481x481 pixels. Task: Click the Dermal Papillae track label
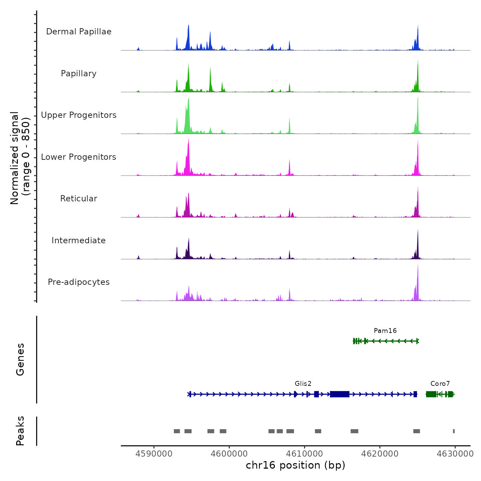[x=79, y=32]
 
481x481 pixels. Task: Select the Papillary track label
[x=79, y=74]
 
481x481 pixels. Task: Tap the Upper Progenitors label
[x=79, y=115]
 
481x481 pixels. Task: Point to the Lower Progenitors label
[x=79, y=157]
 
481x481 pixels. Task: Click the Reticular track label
[x=79, y=199]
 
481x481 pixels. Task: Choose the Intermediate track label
[x=79, y=240]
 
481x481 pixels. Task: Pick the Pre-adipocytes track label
[x=79, y=282]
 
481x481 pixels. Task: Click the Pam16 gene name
[x=385, y=331]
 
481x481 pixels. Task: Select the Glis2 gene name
[x=303, y=384]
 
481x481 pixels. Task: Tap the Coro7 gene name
[x=440, y=384]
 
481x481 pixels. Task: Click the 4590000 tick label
[x=154, y=454]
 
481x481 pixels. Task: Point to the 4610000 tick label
[x=305, y=454]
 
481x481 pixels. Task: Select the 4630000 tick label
[x=455, y=454]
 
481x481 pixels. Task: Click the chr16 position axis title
[x=295, y=466]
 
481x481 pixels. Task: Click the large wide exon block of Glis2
[x=339, y=394]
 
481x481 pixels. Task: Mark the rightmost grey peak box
[x=454, y=431]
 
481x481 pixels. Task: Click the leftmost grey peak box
[x=177, y=431]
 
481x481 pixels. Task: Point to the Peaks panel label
[x=20, y=431]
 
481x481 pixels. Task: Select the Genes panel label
[x=20, y=359]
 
